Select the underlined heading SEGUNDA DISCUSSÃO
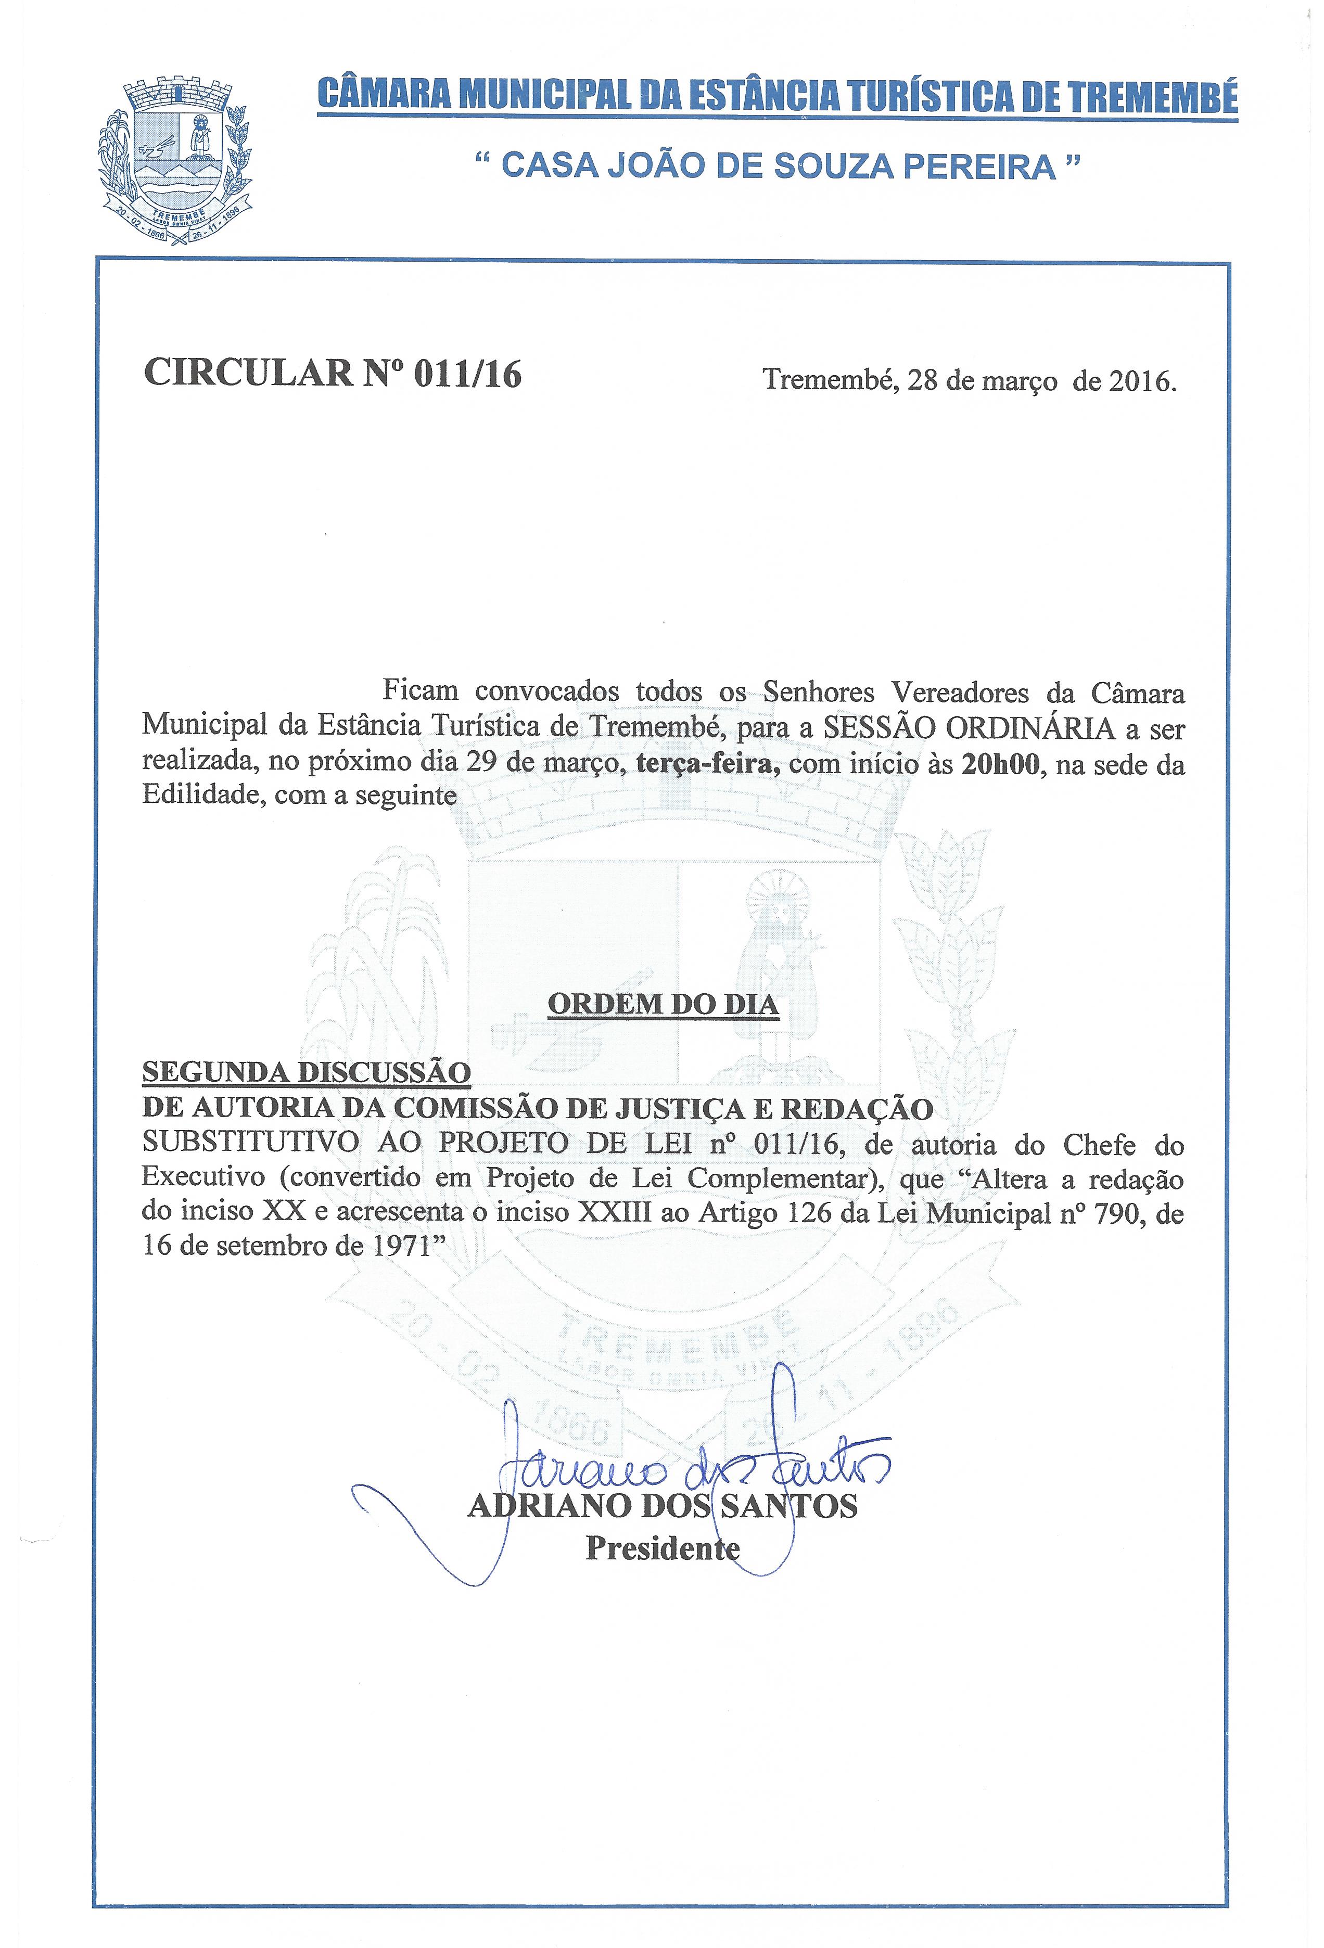coord(306,1072)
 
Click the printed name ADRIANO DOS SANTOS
coord(663,1506)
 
